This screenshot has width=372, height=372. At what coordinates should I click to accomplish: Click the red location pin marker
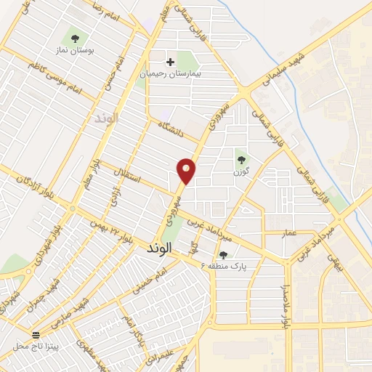tap(187, 171)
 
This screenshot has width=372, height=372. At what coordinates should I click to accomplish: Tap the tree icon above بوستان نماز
tap(75, 39)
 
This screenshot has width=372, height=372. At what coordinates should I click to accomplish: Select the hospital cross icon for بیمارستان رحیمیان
tap(171, 62)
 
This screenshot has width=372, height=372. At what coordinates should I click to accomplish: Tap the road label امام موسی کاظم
tap(52, 78)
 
